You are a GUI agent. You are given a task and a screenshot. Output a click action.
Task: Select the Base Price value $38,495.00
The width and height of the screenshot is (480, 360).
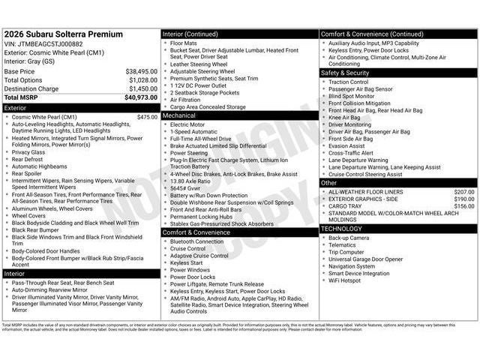point(141,71)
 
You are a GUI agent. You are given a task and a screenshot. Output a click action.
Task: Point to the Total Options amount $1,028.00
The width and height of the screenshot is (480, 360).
point(142,80)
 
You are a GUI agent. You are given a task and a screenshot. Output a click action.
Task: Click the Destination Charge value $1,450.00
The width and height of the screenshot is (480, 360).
point(142,88)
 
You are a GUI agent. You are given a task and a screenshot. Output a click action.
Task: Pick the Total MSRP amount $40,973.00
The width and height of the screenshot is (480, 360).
point(141,97)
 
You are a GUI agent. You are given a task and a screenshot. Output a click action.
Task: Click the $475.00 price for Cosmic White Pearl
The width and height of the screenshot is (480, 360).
point(147,117)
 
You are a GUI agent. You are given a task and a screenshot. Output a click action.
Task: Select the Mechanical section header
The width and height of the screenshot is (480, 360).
point(179,116)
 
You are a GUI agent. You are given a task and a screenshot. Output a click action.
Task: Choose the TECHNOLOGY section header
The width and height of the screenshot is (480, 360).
point(341,229)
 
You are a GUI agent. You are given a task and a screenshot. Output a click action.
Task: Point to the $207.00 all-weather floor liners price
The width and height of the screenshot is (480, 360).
point(463,192)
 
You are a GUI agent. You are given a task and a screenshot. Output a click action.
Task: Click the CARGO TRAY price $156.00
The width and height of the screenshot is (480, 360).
point(463,206)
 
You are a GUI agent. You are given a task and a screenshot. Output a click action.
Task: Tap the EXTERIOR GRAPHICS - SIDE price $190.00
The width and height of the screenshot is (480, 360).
point(463,199)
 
